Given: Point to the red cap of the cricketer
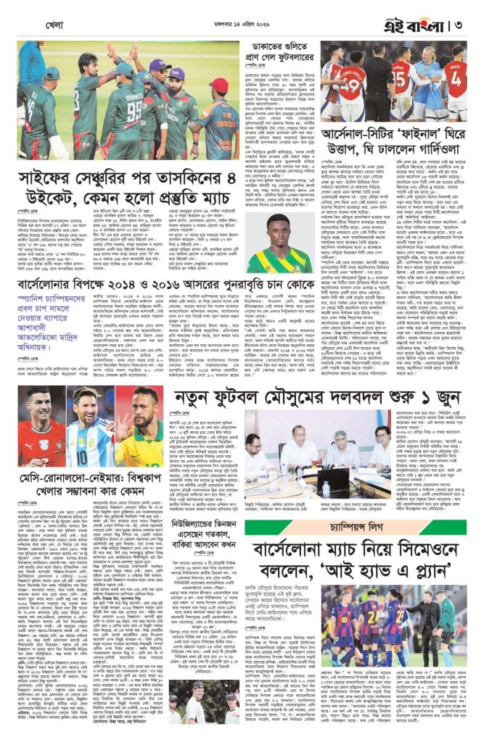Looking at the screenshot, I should [219, 86].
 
